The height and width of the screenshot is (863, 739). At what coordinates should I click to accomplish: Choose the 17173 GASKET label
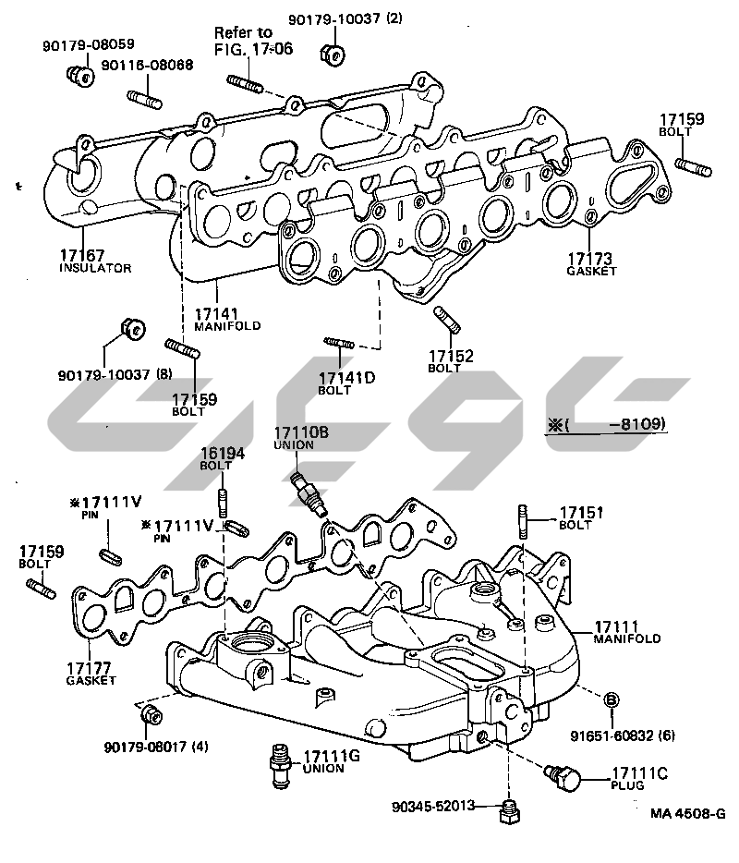[x=590, y=264]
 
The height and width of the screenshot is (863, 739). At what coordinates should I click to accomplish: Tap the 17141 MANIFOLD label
[x=227, y=319]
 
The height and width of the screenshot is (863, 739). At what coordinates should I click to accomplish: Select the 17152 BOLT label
[x=450, y=360]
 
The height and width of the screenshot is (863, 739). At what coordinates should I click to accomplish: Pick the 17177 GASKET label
[x=91, y=673]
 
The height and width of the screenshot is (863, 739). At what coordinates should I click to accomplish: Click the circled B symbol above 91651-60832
[x=611, y=700]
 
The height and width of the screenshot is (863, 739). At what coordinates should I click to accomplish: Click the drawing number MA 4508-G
[x=688, y=813]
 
